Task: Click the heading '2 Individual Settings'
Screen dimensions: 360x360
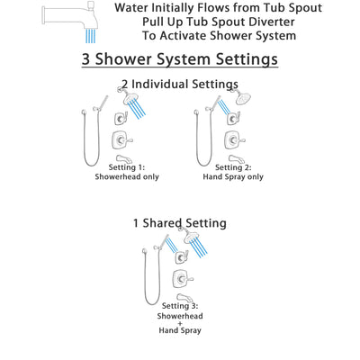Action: tap(180, 85)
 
